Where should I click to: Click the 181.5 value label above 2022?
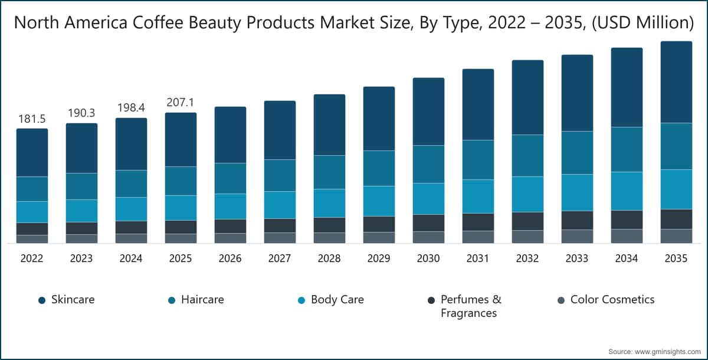(x=32, y=119)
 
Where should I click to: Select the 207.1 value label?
(x=181, y=102)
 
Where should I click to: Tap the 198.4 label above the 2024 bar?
(x=131, y=108)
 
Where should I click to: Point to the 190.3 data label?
(x=81, y=113)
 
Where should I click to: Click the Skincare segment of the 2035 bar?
(x=676, y=82)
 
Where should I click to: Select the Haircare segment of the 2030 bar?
(x=428, y=164)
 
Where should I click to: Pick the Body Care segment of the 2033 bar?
(x=577, y=192)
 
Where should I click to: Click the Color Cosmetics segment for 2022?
(x=32, y=239)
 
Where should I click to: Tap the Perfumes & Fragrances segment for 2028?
(x=329, y=225)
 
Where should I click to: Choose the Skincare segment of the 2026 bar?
(x=230, y=135)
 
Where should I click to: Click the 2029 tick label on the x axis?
(x=379, y=258)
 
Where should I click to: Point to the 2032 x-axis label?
(x=527, y=258)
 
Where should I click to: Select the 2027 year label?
(x=280, y=258)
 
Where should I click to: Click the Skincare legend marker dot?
(x=42, y=300)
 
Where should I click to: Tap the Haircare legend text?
(x=202, y=300)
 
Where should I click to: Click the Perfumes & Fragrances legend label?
(x=471, y=306)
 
